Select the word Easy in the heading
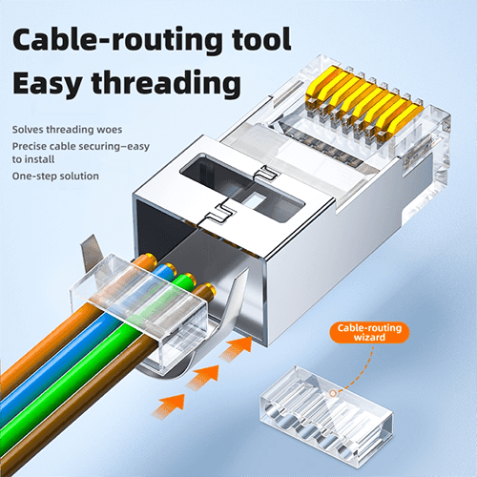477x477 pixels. [x=47, y=84]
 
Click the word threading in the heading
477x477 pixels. [x=166, y=83]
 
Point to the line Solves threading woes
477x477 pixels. [x=67, y=130]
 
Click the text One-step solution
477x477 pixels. [x=55, y=176]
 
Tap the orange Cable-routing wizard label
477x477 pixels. [x=369, y=332]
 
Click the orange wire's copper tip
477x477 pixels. [x=149, y=259]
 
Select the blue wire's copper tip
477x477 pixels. [x=170, y=269]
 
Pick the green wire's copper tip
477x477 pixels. [x=190, y=279]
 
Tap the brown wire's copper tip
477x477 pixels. [x=209, y=289]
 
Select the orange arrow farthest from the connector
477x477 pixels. [x=169, y=406]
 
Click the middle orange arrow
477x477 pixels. [x=202, y=377]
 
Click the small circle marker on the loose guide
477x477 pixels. [x=333, y=393]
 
